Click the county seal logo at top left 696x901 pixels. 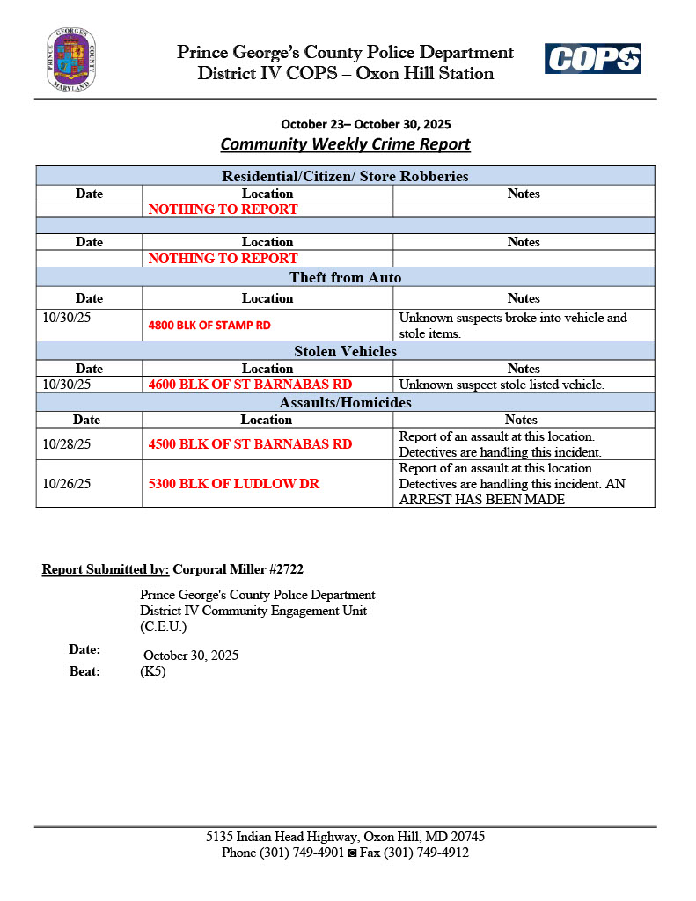click(71, 60)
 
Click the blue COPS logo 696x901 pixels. click(592, 59)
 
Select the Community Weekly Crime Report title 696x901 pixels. click(345, 143)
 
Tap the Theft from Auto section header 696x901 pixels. click(345, 277)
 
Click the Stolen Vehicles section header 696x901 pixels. click(345, 351)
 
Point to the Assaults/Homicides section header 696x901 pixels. click(345, 402)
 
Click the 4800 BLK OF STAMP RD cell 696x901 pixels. click(209, 325)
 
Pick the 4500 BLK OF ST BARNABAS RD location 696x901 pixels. click(250, 444)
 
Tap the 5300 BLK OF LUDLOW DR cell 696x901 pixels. click(233, 484)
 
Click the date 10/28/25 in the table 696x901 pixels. click(65, 444)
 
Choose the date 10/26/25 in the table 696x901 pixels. click(65, 484)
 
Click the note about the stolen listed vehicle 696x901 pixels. click(502, 385)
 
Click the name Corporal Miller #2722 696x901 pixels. click(238, 569)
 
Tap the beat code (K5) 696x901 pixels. click(152, 671)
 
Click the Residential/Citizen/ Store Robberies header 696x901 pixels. click(345, 176)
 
